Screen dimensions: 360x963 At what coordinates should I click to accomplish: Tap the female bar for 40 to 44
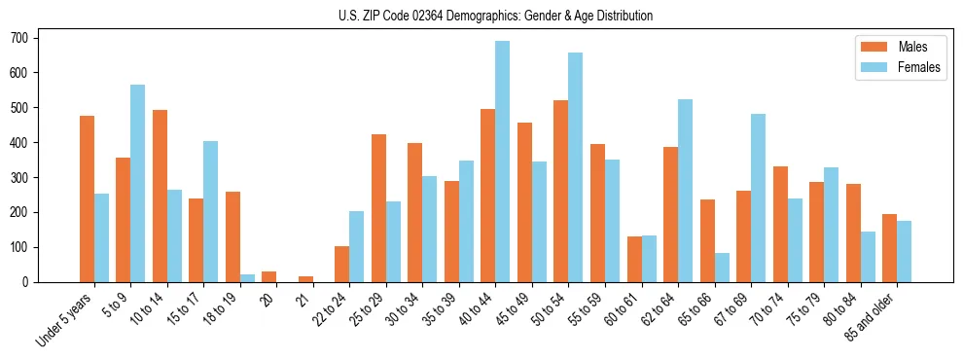[503, 162]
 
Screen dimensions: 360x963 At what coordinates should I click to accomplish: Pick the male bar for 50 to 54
[561, 191]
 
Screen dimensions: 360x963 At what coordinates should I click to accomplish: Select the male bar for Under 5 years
[87, 198]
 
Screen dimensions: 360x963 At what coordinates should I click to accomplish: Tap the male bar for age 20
[269, 276]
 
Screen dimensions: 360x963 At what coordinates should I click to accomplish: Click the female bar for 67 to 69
[758, 198]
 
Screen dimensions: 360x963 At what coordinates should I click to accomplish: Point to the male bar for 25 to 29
[378, 208]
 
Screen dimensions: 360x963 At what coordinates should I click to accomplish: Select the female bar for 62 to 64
[685, 191]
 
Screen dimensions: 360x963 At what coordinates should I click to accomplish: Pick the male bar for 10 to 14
[160, 196]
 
